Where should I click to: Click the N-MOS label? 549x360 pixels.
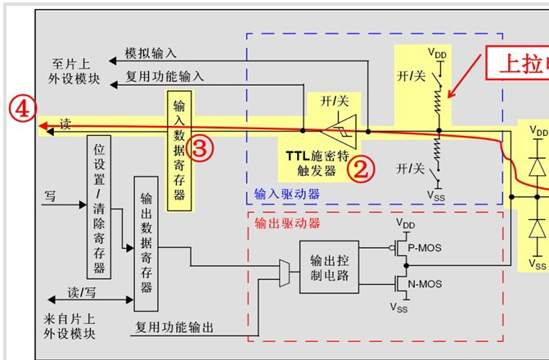pyautogui.click(x=425, y=283)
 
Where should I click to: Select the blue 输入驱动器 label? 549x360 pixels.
pyautogui.click(x=286, y=194)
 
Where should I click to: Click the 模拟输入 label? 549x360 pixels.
pyautogui.click(x=151, y=53)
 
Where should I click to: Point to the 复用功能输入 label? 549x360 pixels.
pyautogui.click(x=164, y=77)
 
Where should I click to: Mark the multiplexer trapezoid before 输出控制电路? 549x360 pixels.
pyautogui.click(x=284, y=268)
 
